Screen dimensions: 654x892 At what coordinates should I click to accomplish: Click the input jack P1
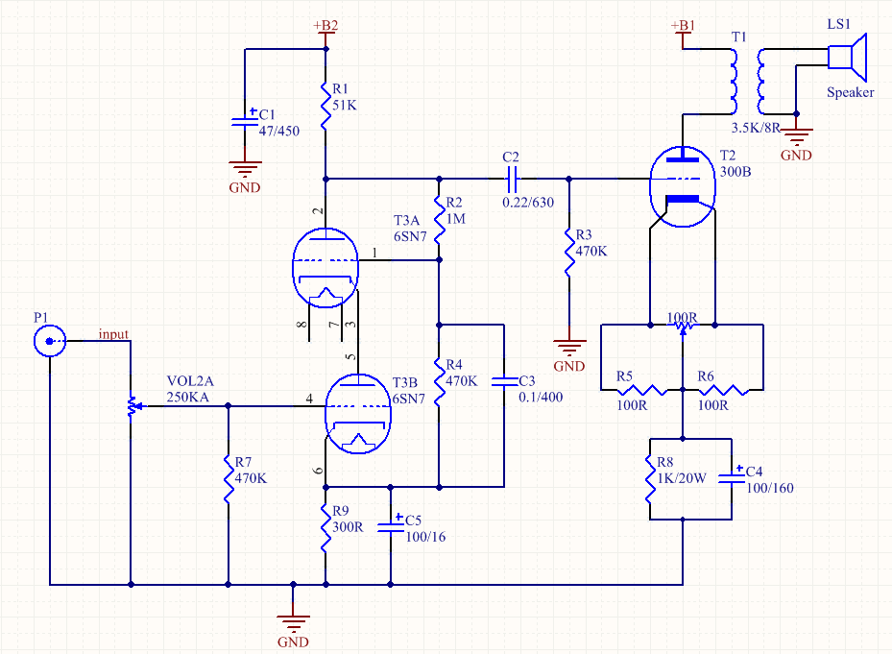48,342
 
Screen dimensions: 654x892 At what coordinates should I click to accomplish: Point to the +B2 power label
326,26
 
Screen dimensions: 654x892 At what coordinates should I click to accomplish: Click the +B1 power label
682,26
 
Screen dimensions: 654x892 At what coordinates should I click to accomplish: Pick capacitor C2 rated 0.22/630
511,178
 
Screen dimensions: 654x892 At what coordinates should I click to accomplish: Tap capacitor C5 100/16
391,525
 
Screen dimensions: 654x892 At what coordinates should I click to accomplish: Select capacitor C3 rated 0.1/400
503,381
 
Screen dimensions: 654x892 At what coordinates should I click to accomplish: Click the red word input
113,334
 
